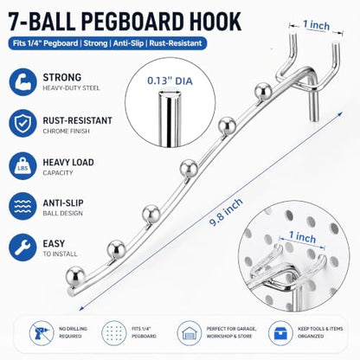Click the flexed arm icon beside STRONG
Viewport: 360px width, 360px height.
22,82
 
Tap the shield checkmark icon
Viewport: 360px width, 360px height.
22,123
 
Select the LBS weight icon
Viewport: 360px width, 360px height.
22,166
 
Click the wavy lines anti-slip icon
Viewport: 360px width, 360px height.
22,206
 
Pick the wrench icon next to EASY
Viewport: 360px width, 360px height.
22,247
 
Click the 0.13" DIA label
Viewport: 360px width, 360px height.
170,81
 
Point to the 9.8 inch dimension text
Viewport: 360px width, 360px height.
227,212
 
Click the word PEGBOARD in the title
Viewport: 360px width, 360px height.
132,22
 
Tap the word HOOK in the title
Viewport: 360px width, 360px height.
215,22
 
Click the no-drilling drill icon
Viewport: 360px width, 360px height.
42,333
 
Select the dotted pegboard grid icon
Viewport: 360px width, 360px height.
114,333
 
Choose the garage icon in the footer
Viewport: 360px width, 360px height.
190,333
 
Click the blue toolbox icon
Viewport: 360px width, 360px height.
280,333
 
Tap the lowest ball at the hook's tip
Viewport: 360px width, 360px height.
75,276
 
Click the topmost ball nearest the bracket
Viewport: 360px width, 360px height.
263,91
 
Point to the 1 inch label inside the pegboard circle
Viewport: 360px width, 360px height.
302,237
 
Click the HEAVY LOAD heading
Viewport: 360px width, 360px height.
68,163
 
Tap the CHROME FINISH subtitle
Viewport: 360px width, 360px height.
67,132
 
